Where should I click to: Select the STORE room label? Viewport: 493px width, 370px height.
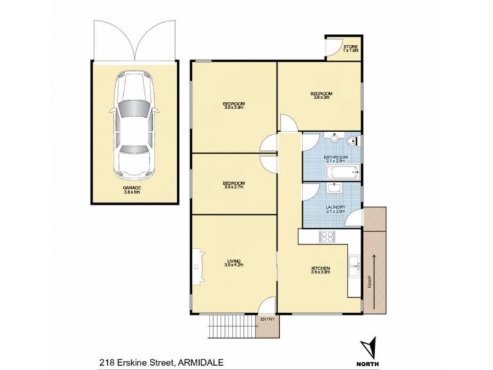pos(350,49)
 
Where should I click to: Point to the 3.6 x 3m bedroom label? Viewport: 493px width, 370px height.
pos(322,95)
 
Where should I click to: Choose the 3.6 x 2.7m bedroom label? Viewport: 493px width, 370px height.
pos(234,184)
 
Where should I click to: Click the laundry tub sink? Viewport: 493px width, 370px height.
pos(338,188)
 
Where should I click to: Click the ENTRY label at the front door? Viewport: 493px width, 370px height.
pos(267,319)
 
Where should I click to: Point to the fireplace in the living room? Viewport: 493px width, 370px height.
pos(197,265)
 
